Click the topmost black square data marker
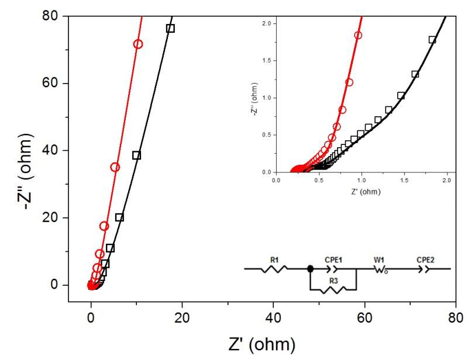pyautogui.click(x=170, y=28)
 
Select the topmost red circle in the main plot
pyautogui.click(x=138, y=44)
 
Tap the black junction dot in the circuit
pyautogui.click(x=311, y=269)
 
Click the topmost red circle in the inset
pyautogui.click(x=358, y=35)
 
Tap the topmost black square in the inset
pyautogui.click(x=432, y=40)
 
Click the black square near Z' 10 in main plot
pyautogui.click(x=136, y=155)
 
